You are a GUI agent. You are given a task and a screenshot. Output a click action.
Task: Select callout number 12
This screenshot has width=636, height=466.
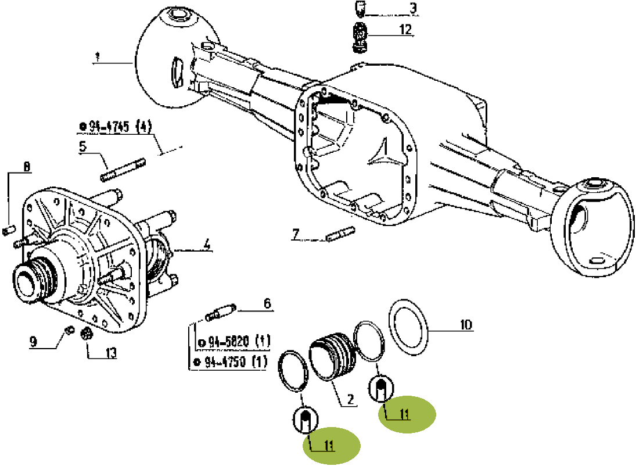(x=405, y=29)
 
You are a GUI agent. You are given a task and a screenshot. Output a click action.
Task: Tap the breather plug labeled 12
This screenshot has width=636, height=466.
(x=360, y=37)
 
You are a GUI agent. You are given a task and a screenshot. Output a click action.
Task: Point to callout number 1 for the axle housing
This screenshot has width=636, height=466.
(x=96, y=58)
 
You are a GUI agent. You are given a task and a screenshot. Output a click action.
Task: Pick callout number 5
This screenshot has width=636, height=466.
(x=83, y=146)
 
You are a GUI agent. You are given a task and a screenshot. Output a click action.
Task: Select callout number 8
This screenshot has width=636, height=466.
(x=26, y=166)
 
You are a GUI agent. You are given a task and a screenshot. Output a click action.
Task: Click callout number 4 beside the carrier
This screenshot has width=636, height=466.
(x=206, y=245)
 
